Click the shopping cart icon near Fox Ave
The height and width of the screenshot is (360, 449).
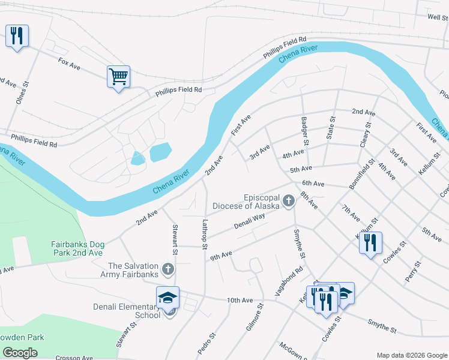[118, 77]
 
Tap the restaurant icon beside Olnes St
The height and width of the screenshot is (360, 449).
[17, 36]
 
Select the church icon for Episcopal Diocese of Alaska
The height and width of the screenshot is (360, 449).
[289, 201]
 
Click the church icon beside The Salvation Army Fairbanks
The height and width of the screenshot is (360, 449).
[169, 270]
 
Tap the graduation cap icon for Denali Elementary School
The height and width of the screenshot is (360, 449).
[167, 298]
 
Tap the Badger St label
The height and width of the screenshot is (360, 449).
[304, 131]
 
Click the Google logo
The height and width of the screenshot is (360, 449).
[20, 352]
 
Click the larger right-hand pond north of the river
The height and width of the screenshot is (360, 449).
[160, 152]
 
